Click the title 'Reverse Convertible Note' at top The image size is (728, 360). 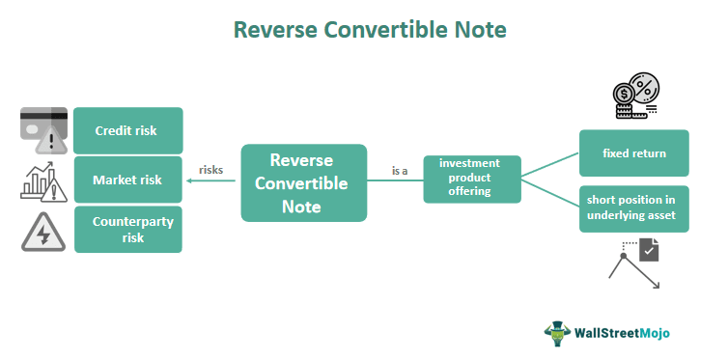point(370,30)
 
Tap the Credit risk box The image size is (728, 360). point(127,130)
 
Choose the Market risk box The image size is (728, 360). point(127,180)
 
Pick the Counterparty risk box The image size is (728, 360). point(127,229)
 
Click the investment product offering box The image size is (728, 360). point(472,178)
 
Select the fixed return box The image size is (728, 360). point(633,153)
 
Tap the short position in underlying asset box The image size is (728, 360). point(633,208)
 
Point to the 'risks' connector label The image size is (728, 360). point(211,170)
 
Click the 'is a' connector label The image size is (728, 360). point(400,170)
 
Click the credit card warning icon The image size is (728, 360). point(44,128)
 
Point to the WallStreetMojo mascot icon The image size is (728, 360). point(557,333)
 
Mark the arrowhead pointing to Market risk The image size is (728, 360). point(188,180)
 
